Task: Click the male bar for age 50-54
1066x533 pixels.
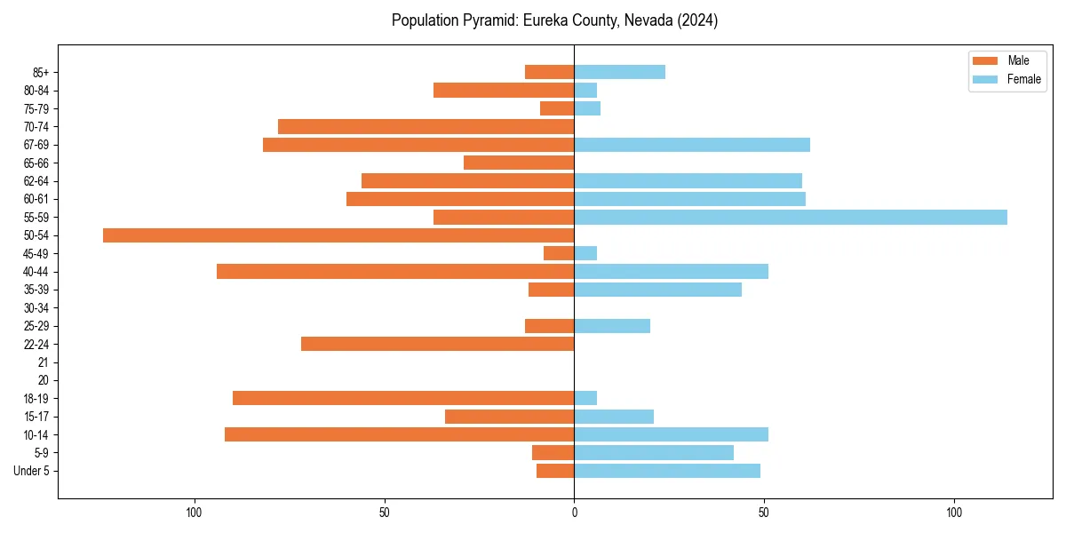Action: click(x=338, y=235)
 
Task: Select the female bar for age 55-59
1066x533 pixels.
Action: click(x=791, y=217)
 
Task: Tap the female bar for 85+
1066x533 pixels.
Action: click(x=619, y=72)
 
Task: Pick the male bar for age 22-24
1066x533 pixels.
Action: click(x=437, y=344)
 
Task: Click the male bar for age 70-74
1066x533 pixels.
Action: click(x=426, y=126)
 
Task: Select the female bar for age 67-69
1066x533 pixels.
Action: click(x=692, y=145)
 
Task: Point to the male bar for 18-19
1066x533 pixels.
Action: click(x=403, y=398)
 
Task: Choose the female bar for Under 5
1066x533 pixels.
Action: click(x=667, y=471)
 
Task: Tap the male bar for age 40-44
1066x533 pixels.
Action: click(x=395, y=271)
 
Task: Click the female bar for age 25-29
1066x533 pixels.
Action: click(x=612, y=326)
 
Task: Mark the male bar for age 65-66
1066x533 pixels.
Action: click(x=519, y=163)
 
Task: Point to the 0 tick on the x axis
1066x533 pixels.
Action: click(x=574, y=513)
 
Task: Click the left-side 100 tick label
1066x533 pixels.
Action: click(x=194, y=513)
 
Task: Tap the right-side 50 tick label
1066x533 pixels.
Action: click(x=763, y=513)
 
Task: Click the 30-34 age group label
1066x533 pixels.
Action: click(x=36, y=307)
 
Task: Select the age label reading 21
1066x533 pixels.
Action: click(x=44, y=362)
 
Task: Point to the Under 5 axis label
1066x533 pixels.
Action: click(x=31, y=471)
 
